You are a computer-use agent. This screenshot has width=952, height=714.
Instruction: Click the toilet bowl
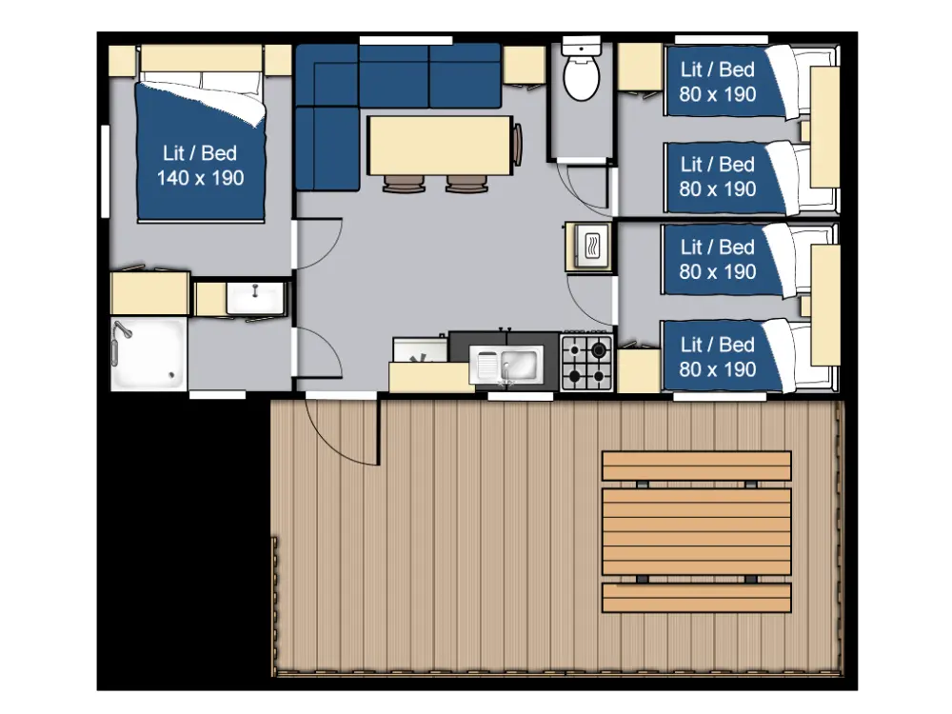(582, 78)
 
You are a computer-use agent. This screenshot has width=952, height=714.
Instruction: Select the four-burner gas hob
(586, 363)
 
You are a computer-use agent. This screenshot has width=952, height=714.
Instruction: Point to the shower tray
(149, 353)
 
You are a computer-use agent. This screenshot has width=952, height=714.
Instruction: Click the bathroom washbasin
(255, 298)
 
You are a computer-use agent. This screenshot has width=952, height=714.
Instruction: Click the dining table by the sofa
(440, 146)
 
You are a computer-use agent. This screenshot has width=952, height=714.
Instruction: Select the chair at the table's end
(517, 145)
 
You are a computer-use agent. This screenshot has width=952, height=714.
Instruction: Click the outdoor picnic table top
(697, 531)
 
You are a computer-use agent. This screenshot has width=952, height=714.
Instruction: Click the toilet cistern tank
(582, 46)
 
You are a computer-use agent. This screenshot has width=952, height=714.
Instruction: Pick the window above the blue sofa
(406, 41)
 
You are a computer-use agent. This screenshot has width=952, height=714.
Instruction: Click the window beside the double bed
(105, 171)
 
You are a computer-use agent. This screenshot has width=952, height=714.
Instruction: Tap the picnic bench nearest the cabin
(697, 466)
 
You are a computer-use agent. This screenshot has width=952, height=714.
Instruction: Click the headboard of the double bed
(201, 59)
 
